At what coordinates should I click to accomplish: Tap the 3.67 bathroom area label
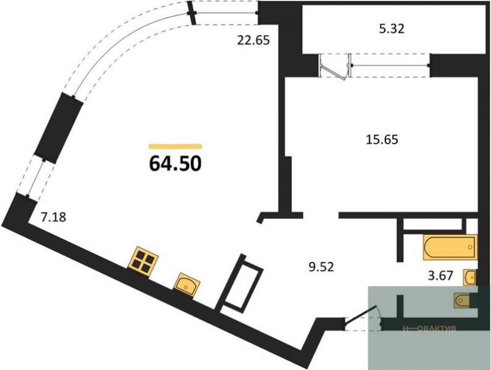440,276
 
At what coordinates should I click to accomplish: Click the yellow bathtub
450,247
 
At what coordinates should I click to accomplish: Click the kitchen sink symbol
186,283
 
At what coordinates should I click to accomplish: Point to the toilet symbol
464,300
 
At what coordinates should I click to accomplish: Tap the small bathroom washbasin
471,277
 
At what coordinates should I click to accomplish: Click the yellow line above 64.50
175,147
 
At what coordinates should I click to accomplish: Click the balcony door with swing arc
335,66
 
